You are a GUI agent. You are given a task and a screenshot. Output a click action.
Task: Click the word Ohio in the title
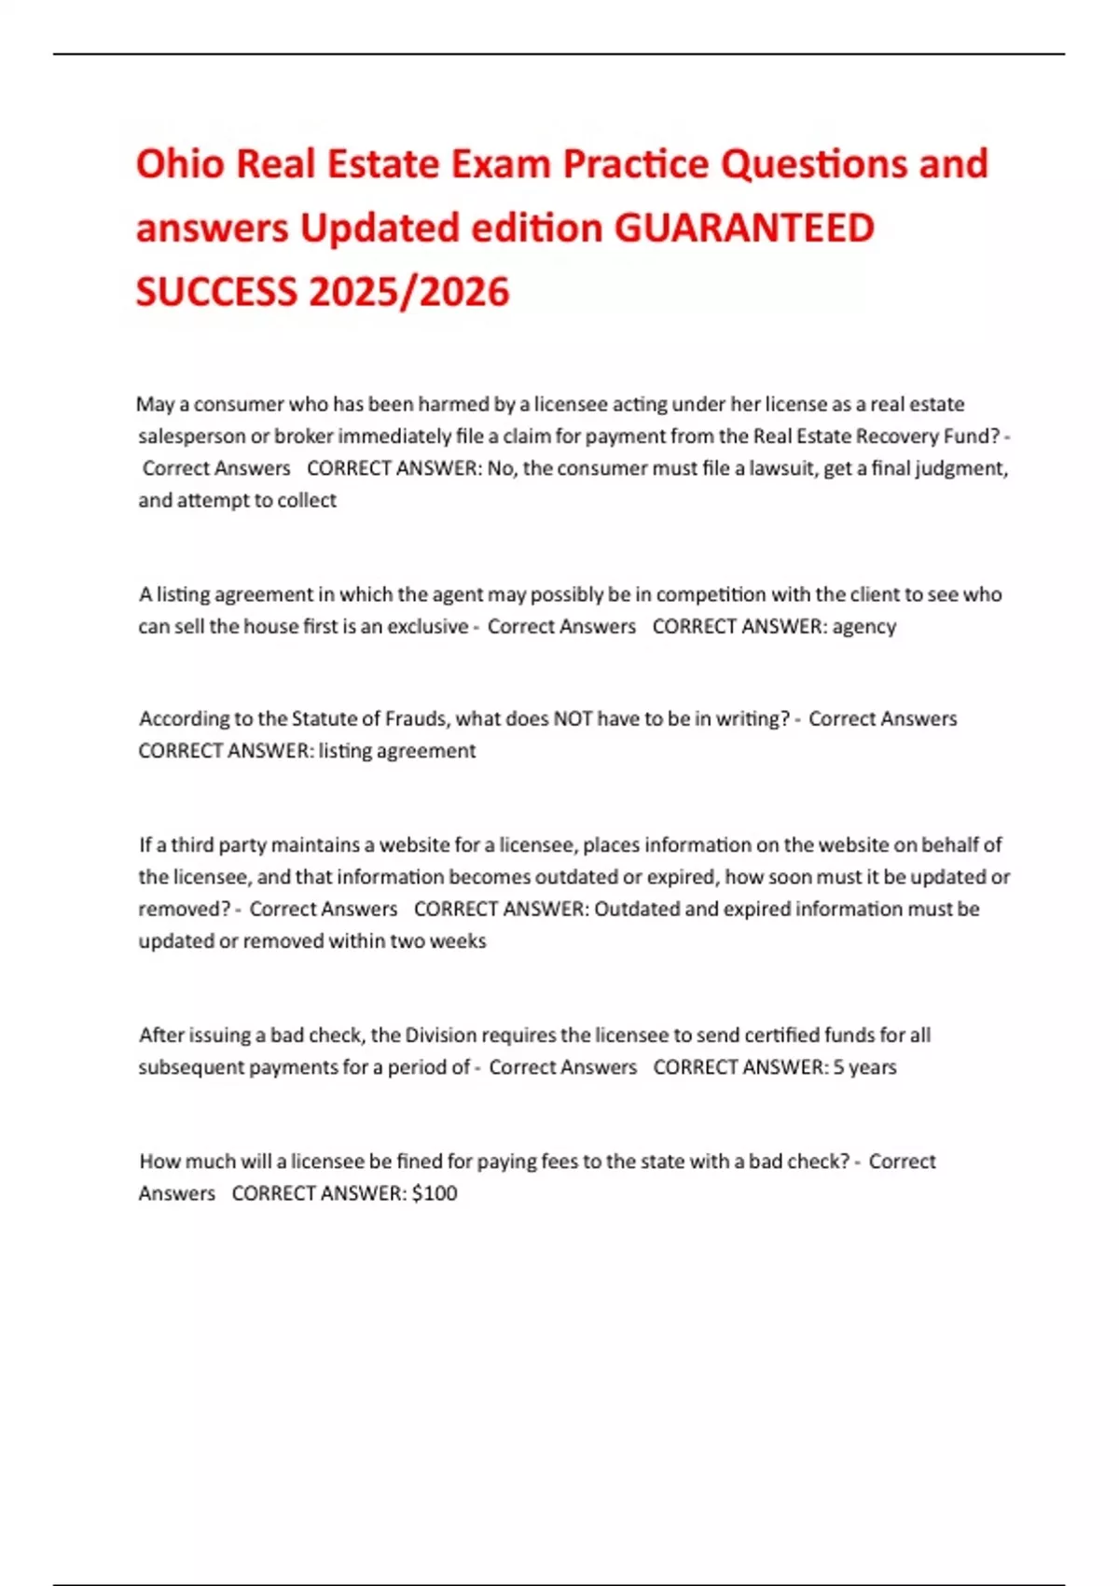coord(180,164)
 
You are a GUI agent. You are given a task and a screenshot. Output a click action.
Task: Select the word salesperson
coord(191,437)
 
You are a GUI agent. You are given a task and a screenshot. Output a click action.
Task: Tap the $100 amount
coord(435,1193)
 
